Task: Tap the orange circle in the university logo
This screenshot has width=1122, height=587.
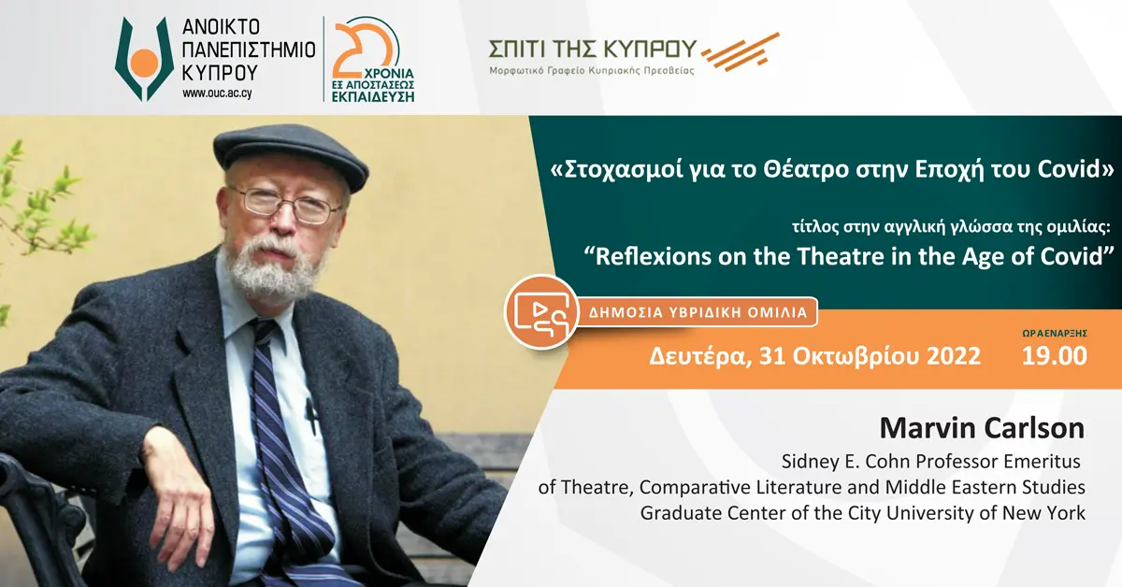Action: point(144,64)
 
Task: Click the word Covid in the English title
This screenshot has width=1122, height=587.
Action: point(1059,257)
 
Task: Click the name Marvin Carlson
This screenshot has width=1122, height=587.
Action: point(982,429)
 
